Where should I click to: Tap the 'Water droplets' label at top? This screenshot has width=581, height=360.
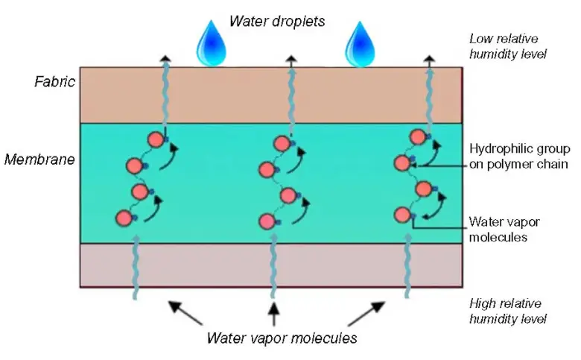pyautogui.click(x=278, y=21)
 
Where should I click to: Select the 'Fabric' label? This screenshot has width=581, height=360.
pyautogui.click(x=54, y=82)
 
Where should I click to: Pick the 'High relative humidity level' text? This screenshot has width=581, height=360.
pyautogui.click(x=508, y=312)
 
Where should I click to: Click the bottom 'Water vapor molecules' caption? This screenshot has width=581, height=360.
pyautogui.click(x=283, y=338)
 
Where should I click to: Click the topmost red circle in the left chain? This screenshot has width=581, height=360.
pyautogui.click(x=155, y=139)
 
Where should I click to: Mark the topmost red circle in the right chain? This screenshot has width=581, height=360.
pyautogui.click(x=417, y=136)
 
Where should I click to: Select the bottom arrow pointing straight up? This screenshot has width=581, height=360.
pyautogui.click(x=273, y=314)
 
